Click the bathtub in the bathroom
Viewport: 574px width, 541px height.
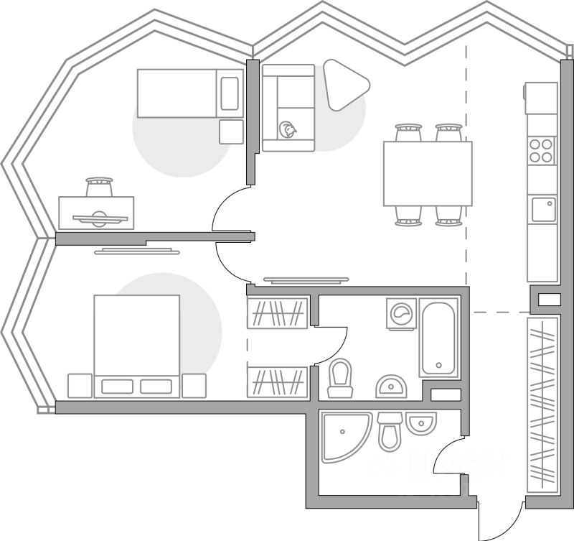[x=438, y=337]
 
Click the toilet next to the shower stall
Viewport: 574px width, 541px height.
[x=390, y=430]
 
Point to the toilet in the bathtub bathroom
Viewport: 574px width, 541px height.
[x=340, y=378]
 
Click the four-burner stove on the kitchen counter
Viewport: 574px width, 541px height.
[x=542, y=151]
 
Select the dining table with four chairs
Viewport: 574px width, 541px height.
[x=428, y=174]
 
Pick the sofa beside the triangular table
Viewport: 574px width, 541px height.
[x=288, y=108]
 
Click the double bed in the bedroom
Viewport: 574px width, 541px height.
[x=136, y=345]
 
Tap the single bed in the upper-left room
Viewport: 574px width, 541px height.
[x=189, y=93]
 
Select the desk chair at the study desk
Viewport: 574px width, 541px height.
[x=99, y=187]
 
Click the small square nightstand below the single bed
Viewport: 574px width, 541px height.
[x=231, y=131]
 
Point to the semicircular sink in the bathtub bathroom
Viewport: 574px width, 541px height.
[x=392, y=387]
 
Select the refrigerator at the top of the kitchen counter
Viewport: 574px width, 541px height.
[x=541, y=98]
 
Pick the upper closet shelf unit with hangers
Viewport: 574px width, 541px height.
[x=278, y=313]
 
